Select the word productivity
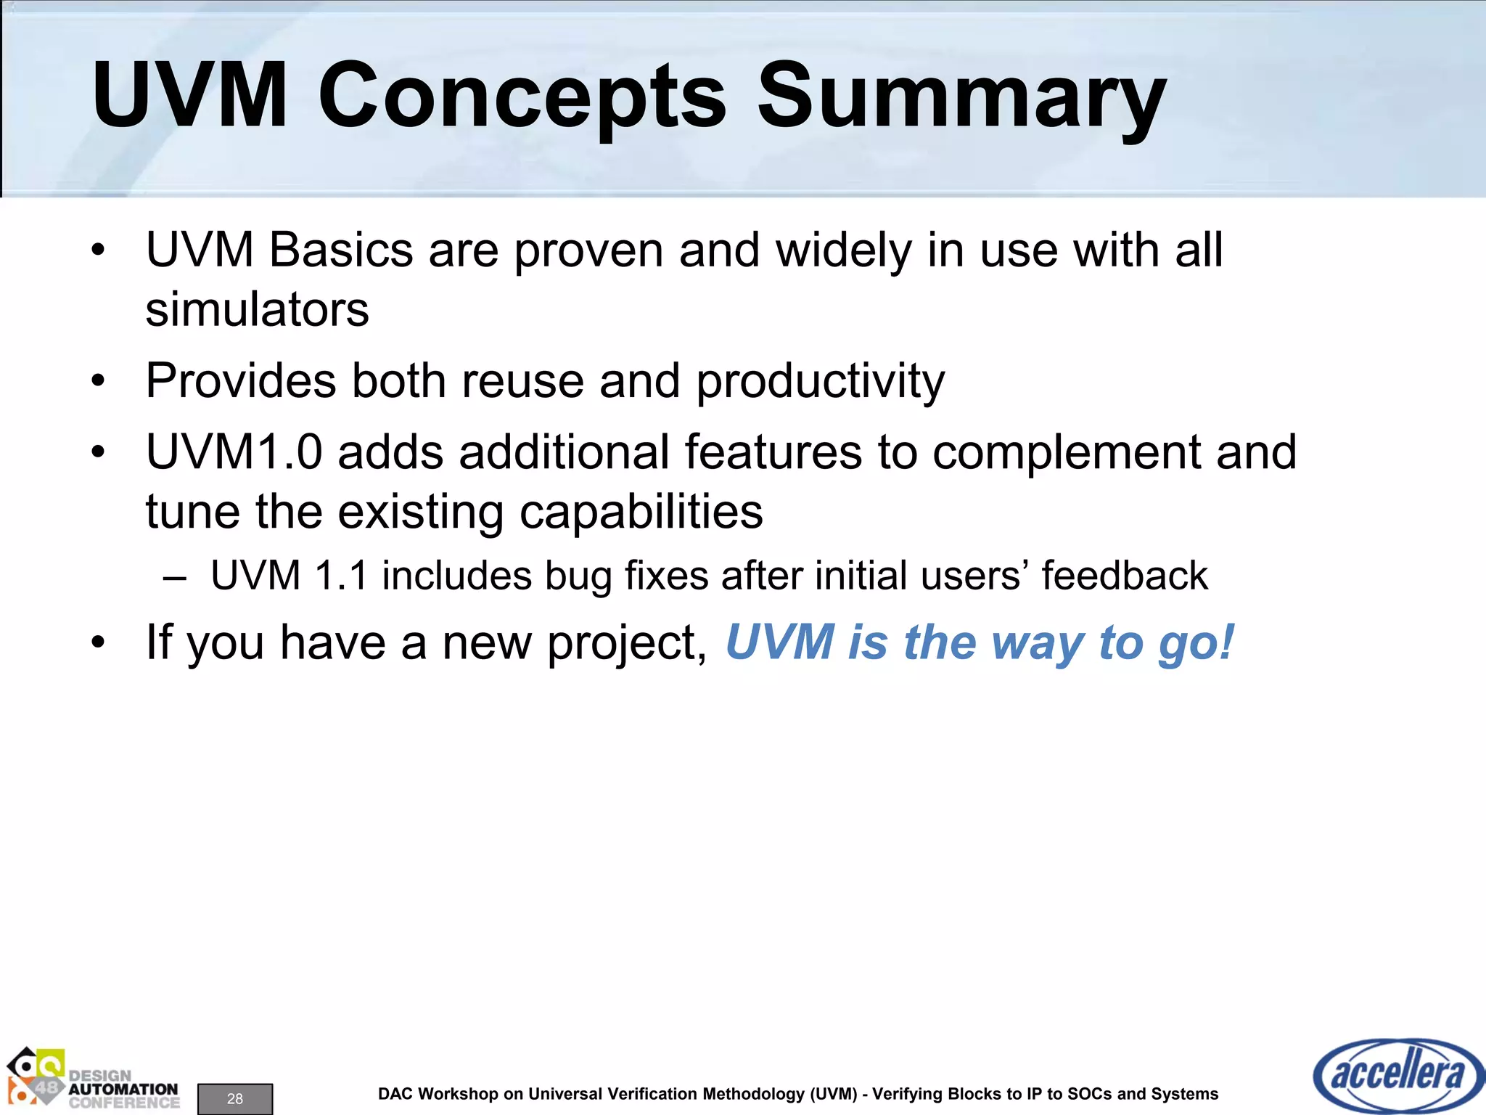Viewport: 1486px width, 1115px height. [x=820, y=381]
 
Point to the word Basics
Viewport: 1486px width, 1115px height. [x=341, y=250]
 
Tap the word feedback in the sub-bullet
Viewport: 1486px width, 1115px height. [x=1124, y=576]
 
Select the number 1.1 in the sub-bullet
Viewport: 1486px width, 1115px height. [x=340, y=576]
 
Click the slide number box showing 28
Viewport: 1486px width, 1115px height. [x=235, y=1098]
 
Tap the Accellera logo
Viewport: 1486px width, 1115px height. [x=1397, y=1075]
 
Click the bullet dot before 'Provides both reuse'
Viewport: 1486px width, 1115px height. [x=99, y=381]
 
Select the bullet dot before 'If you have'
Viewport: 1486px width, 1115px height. [x=99, y=643]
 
